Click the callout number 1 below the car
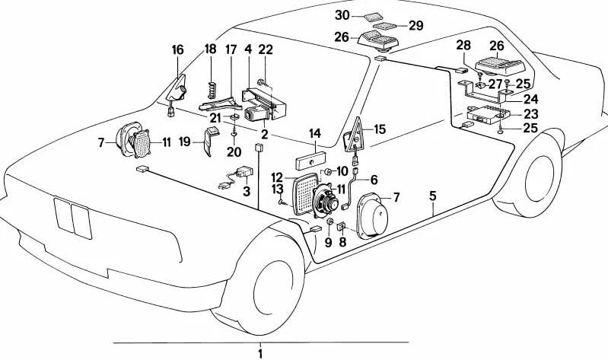(x=259, y=352)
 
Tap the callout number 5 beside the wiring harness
(x=432, y=196)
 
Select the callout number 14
(x=314, y=134)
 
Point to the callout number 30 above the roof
(x=343, y=14)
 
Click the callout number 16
(x=177, y=49)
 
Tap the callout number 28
(x=463, y=46)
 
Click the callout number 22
(x=266, y=49)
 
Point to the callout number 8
(x=342, y=242)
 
